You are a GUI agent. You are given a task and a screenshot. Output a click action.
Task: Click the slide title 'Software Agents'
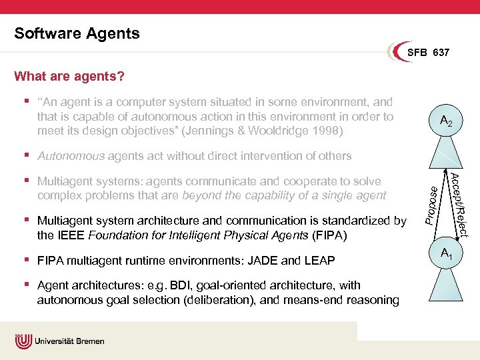(77, 33)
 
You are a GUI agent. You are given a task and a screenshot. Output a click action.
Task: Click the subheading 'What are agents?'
(69, 76)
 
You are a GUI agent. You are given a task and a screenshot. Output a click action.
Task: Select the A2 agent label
(447, 121)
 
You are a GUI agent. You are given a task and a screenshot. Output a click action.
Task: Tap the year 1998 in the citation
(327, 131)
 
